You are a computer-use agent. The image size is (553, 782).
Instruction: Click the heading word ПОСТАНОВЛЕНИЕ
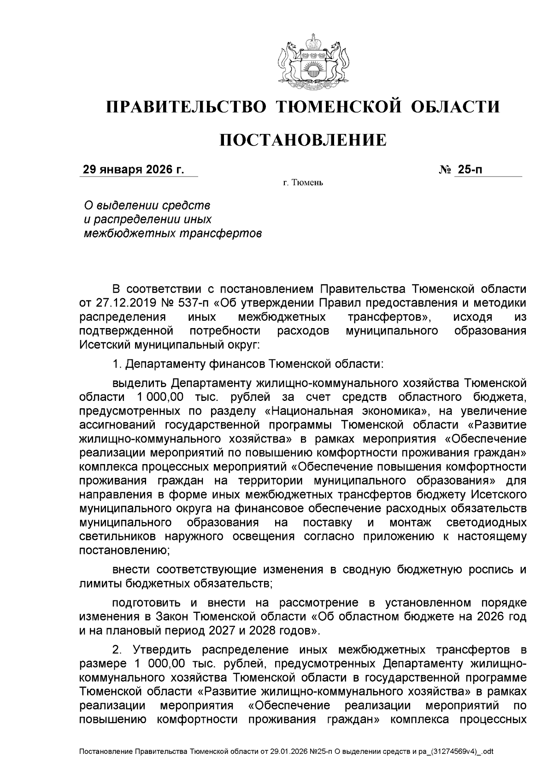click(303, 140)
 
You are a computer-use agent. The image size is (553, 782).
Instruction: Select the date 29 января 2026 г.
click(133, 170)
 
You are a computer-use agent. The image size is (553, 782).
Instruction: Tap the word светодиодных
click(487, 523)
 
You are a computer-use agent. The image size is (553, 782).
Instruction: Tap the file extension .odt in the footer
click(487, 752)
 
